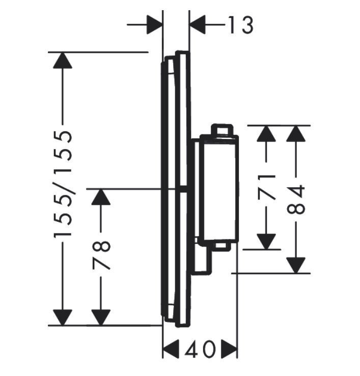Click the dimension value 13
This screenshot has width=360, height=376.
point(239,24)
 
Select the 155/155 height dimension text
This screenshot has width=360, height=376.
point(63,184)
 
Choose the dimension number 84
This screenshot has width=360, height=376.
point(296,199)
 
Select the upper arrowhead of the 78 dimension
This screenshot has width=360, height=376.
point(101,197)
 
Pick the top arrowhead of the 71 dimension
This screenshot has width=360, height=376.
point(266,134)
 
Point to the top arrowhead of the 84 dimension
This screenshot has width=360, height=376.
point(296,134)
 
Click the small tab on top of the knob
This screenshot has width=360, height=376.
point(222,130)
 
